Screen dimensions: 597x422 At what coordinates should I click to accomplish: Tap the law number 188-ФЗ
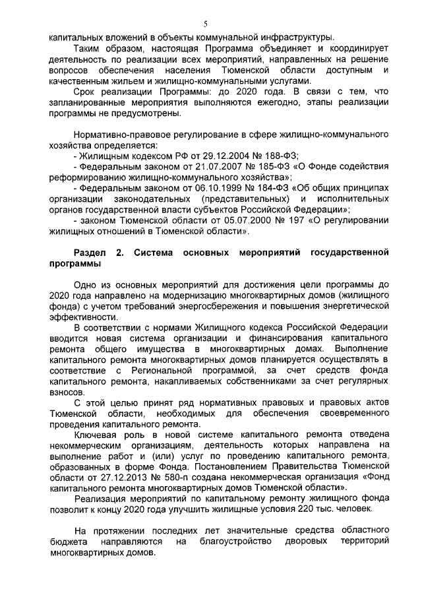tap(280, 156)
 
